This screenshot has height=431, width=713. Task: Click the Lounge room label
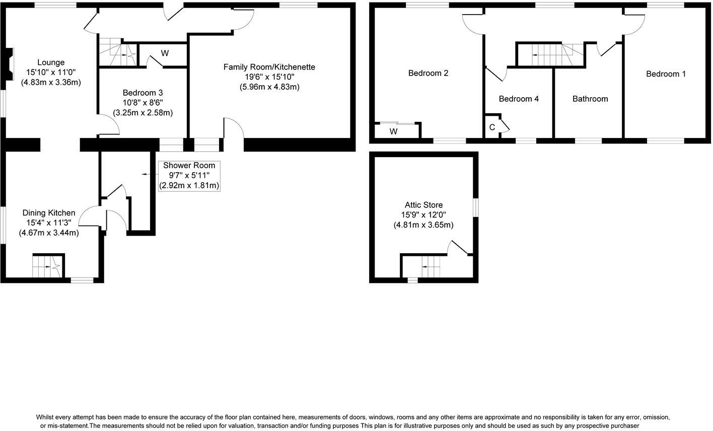50,62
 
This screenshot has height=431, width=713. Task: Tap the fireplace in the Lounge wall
9,64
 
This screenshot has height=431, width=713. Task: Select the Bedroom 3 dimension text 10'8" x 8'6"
142,103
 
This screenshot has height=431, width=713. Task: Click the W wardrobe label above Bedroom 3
165,53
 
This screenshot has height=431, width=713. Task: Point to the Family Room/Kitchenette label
269,67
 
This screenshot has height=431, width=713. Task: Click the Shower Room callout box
189,175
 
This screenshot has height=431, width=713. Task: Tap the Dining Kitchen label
48,213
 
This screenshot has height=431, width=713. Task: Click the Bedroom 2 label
428,73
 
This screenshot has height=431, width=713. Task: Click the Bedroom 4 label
519,99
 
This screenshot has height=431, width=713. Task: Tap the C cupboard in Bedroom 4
492,127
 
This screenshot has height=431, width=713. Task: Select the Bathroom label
590,99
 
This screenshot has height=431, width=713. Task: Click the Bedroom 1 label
666,74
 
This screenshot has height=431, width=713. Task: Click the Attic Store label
423,205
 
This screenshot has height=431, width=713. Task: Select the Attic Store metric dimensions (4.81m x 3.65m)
423,225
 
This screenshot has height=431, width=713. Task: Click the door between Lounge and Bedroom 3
108,125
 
